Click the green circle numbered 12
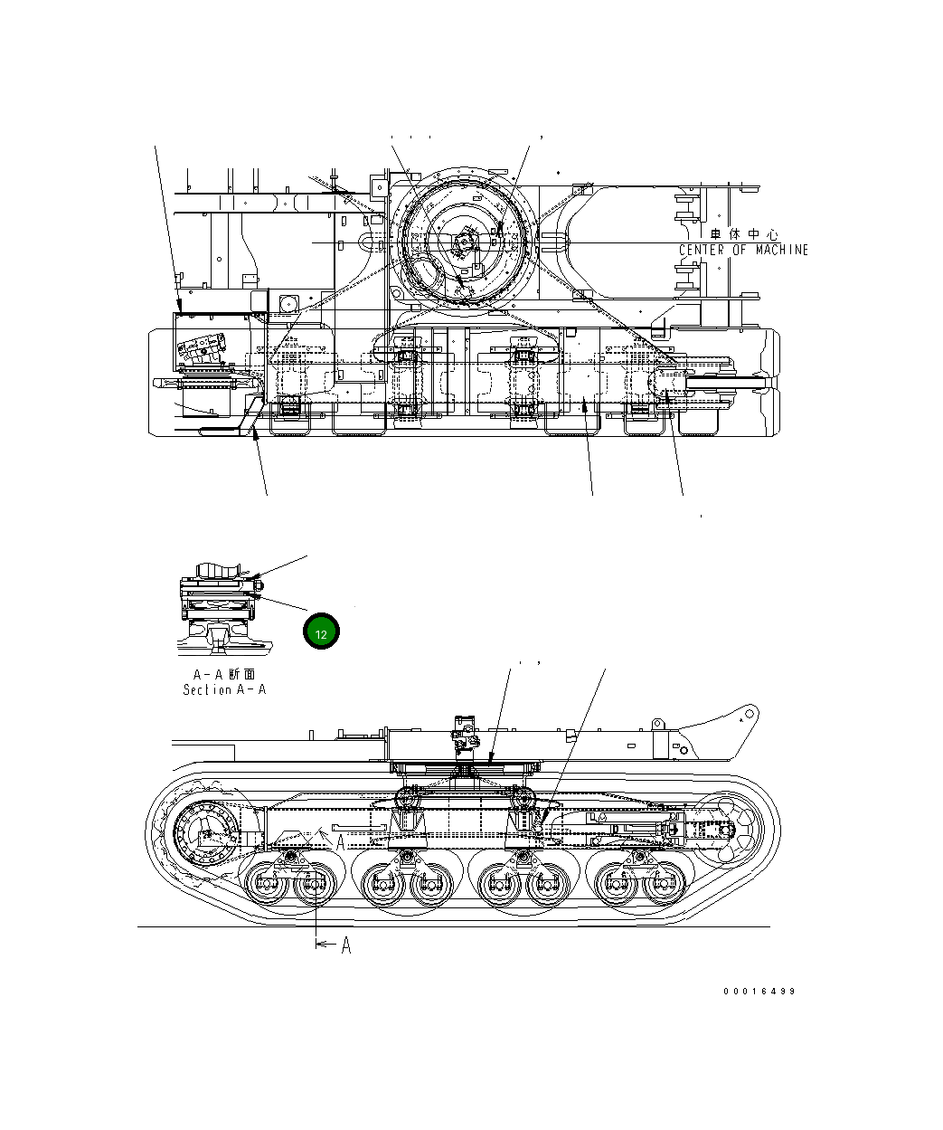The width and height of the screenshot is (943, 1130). (x=321, y=632)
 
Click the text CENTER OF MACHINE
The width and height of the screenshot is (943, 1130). (x=743, y=250)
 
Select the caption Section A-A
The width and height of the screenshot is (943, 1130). (x=224, y=689)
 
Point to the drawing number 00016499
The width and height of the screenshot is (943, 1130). (x=759, y=991)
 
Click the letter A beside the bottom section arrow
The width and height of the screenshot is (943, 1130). (x=345, y=945)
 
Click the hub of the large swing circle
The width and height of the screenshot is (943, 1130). (x=464, y=243)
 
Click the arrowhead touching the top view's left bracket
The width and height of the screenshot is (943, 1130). (x=180, y=309)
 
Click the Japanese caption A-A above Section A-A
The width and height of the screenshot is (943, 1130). (x=224, y=674)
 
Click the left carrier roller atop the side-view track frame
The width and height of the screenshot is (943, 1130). (x=408, y=800)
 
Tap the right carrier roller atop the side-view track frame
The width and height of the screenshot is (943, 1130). (x=522, y=800)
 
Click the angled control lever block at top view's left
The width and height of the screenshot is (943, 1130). (x=203, y=347)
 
